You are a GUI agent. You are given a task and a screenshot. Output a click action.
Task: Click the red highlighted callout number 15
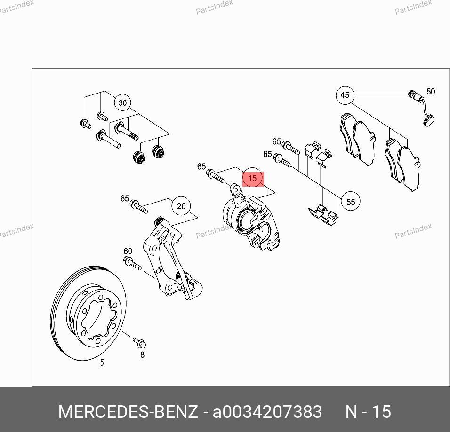(253, 178)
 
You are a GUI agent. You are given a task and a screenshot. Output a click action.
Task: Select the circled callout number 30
(122, 102)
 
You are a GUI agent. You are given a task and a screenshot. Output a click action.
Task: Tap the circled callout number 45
(345, 95)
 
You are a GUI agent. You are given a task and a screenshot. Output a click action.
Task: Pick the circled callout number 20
(181, 206)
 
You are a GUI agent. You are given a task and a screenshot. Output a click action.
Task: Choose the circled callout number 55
(350, 202)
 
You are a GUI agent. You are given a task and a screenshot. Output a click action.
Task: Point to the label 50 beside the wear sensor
(431, 92)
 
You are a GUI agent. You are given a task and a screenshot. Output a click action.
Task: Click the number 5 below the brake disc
(102, 362)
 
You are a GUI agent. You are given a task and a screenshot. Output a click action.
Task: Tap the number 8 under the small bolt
(142, 354)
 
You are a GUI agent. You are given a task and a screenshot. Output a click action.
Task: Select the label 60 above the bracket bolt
(128, 251)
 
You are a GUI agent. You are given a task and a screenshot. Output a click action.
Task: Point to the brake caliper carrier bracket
(172, 258)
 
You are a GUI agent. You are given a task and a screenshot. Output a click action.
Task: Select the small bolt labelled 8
(140, 342)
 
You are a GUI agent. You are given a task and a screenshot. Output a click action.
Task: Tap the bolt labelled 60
(132, 264)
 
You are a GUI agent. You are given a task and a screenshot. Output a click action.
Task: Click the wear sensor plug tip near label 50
(429, 120)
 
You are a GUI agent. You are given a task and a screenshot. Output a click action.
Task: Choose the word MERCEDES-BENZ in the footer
(128, 412)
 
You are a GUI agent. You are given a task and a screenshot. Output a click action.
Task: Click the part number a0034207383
(267, 412)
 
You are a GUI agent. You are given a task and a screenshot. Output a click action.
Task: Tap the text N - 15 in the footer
(368, 412)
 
